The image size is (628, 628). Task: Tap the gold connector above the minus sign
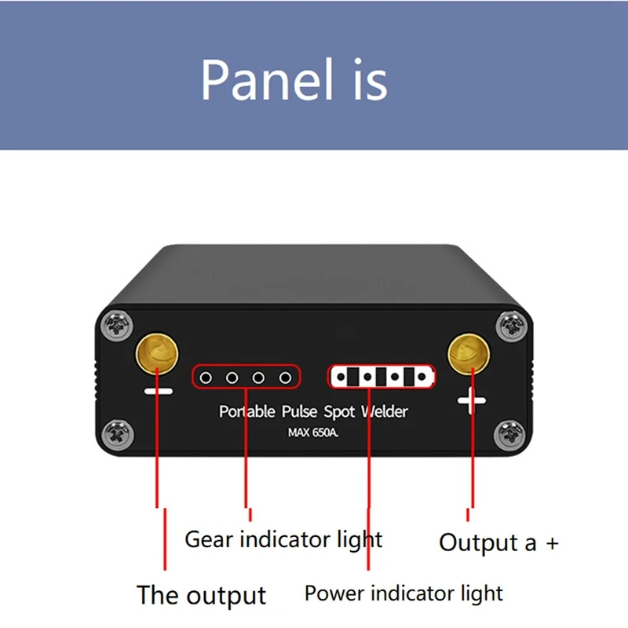[157, 354]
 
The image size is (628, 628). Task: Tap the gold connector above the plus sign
[470, 354]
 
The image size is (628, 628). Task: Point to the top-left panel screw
[118, 323]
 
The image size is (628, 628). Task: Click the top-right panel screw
[510, 323]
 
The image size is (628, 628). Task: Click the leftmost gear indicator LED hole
[206, 378]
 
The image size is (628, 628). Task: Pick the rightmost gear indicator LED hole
[286, 378]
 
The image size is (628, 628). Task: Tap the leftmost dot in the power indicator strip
[341, 378]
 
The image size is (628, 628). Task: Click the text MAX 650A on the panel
[313, 431]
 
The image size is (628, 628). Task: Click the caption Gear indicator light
[283, 540]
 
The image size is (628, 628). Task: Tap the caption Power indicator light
[403, 593]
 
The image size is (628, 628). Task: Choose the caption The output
[202, 595]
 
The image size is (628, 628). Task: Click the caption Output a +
[498, 542]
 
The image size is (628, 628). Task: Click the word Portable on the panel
[247, 411]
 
